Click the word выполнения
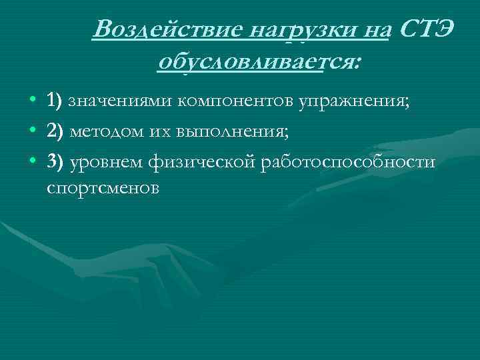(x=232, y=131)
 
